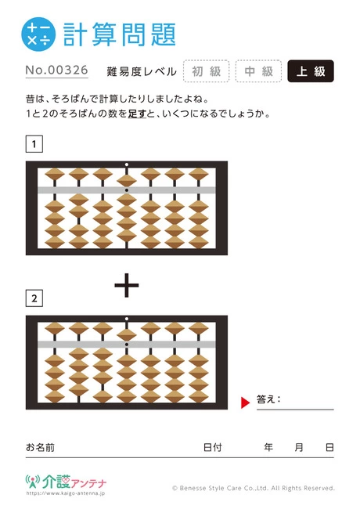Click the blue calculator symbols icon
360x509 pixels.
click(38, 34)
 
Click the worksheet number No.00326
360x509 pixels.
click(57, 70)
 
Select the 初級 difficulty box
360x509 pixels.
click(207, 71)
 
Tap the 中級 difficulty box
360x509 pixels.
click(258, 71)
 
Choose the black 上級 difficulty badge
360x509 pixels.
click(311, 71)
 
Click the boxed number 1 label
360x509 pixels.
click(34, 144)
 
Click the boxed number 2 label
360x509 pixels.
click(34, 298)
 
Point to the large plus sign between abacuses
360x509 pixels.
click(127, 285)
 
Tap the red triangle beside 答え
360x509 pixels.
click(246, 403)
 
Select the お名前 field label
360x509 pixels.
click(40, 447)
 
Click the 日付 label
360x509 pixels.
click(212, 447)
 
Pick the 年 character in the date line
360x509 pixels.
click(268, 447)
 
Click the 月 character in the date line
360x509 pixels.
click(299, 447)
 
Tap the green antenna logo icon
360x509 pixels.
click(33, 482)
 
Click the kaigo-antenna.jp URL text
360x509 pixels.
click(66, 493)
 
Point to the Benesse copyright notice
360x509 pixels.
click(254, 488)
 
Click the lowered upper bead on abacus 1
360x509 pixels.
click(127, 180)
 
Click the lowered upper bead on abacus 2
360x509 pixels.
click(127, 334)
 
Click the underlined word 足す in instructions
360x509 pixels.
click(137, 114)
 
